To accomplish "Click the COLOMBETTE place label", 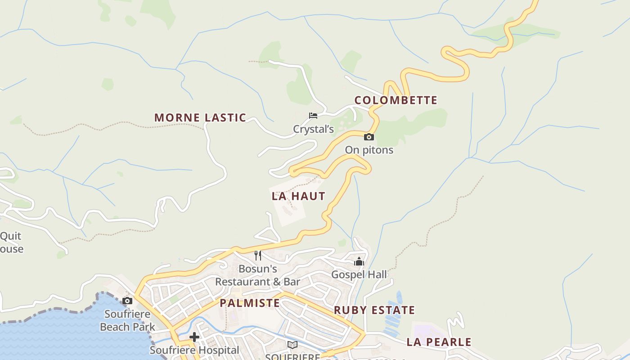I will click(x=396, y=100).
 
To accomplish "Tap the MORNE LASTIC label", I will click(x=200, y=118).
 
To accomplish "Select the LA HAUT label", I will click(x=298, y=196).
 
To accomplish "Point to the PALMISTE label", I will click(x=250, y=303).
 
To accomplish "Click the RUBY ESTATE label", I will click(x=374, y=310).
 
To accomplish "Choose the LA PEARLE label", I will click(x=439, y=342).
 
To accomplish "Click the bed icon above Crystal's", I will click(x=313, y=116).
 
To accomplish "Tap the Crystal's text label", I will click(x=313, y=130).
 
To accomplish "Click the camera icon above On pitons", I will click(x=369, y=137).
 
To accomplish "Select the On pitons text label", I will click(x=369, y=150).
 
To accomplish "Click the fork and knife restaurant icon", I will click(x=258, y=256).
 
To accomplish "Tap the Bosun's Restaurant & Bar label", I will click(x=257, y=275).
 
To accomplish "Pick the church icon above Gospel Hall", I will click(x=359, y=261).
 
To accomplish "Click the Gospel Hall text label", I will click(x=359, y=274).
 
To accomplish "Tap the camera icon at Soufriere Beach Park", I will click(x=127, y=301).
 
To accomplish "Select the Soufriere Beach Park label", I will click(x=127, y=320).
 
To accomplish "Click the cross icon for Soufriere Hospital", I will click(x=194, y=337).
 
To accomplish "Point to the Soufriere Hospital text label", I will click(x=194, y=350).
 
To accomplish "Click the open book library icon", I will click(x=292, y=345).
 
